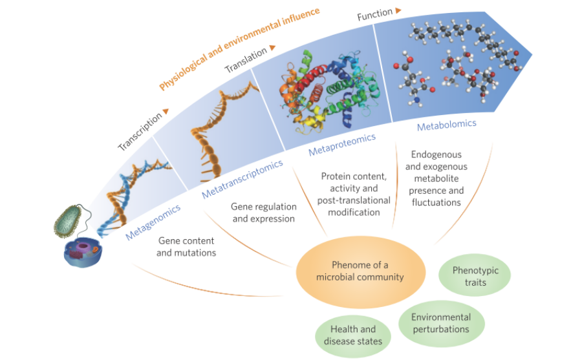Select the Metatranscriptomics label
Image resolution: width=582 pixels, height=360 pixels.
pos(242,179)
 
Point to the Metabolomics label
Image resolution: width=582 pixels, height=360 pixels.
pos(446,124)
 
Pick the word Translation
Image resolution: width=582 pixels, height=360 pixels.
pos(246,59)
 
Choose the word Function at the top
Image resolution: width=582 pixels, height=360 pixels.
pos(374,14)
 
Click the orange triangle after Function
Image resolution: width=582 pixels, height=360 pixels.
pos(398,10)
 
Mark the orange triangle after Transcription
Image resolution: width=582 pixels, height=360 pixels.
pos(166,111)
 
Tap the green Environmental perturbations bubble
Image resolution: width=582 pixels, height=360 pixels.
pos(440,323)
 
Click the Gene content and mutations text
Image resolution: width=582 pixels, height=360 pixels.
pos(186,246)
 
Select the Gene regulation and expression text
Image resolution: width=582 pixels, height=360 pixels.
pos(264,213)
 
